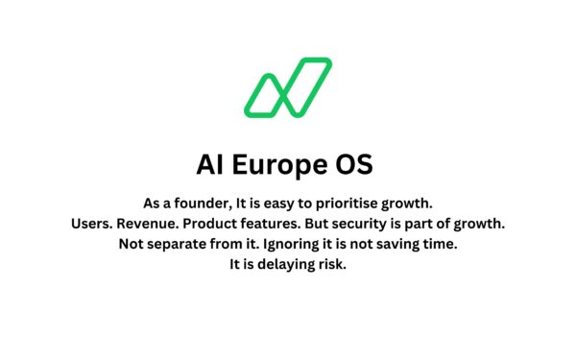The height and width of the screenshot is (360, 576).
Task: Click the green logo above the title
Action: [x=287, y=86]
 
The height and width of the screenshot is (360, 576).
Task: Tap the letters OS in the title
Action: [x=353, y=165]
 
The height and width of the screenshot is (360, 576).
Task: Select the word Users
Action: [x=92, y=224]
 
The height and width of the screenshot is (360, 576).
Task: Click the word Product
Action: [x=224, y=224]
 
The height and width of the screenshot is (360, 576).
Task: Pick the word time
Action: [x=438, y=244]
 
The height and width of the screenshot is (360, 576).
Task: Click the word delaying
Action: [x=280, y=265]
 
